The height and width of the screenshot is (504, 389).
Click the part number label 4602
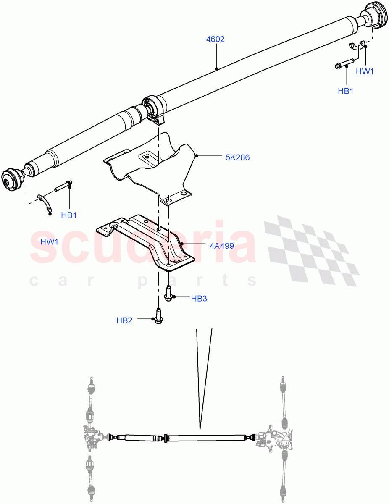215,39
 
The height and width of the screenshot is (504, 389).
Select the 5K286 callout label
237,157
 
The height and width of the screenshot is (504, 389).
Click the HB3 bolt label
199,299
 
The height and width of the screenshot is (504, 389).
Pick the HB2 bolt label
124,320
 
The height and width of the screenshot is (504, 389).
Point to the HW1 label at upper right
364,71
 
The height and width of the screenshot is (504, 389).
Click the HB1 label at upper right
346,91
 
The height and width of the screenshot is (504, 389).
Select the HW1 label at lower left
49,241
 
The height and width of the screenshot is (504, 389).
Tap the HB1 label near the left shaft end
69,215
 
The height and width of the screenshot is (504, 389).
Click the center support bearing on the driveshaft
153,108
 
